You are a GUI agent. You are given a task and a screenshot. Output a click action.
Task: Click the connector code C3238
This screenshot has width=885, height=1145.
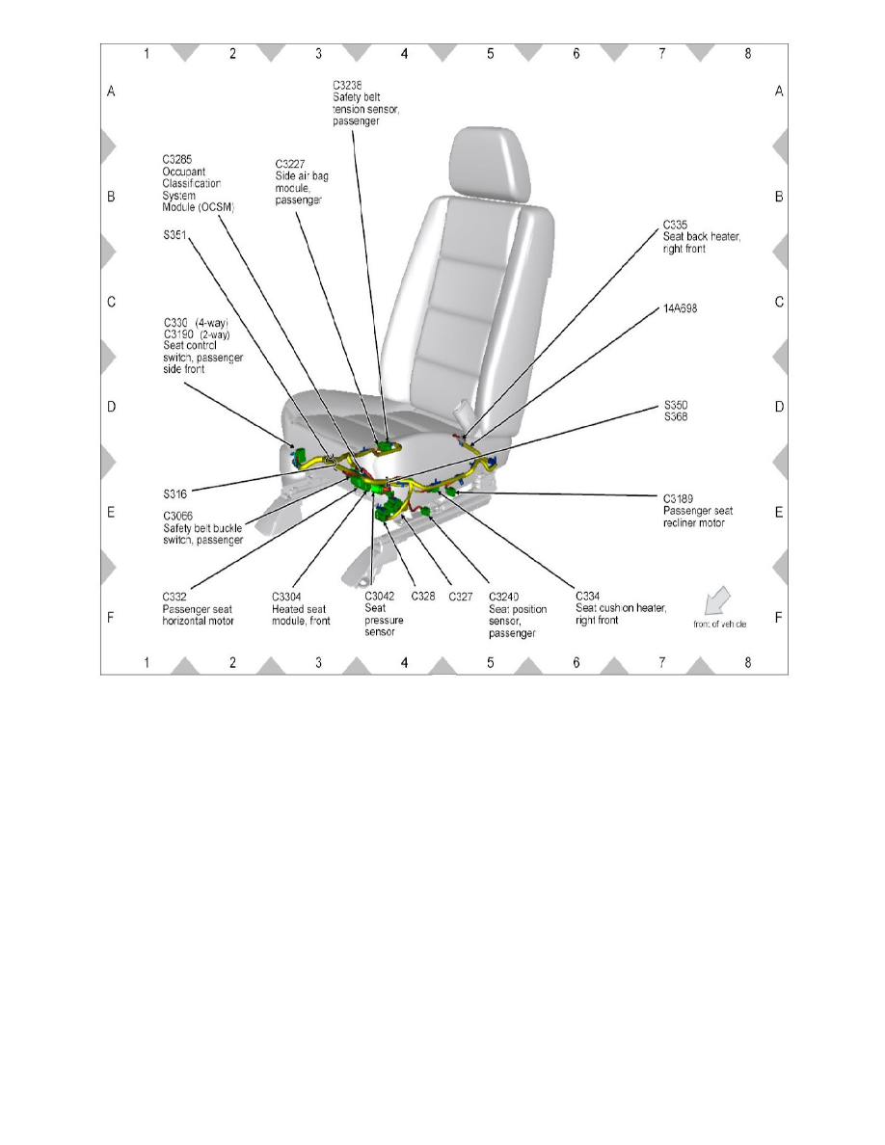click(348, 86)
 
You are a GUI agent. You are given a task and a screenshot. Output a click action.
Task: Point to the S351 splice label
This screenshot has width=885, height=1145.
click(174, 233)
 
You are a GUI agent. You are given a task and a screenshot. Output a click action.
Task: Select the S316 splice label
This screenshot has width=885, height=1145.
click(175, 493)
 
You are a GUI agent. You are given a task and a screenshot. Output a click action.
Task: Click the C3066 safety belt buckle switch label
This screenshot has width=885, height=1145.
click(202, 528)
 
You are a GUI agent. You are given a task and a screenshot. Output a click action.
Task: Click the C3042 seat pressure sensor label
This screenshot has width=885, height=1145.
click(384, 614)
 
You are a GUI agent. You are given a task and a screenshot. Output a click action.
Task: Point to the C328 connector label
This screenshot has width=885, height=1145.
click(423, 597)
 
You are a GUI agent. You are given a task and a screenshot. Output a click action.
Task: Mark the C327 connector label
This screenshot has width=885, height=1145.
click(460, 597)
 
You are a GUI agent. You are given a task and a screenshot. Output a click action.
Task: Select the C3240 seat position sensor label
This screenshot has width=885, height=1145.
click(518, 614)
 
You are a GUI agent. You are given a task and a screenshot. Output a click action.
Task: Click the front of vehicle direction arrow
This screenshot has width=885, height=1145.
click(716, 599)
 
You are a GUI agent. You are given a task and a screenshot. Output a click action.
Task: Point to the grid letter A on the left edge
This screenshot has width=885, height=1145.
click(111, 92)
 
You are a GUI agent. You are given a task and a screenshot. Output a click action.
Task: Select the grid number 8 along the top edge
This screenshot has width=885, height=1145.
click(748, 54)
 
